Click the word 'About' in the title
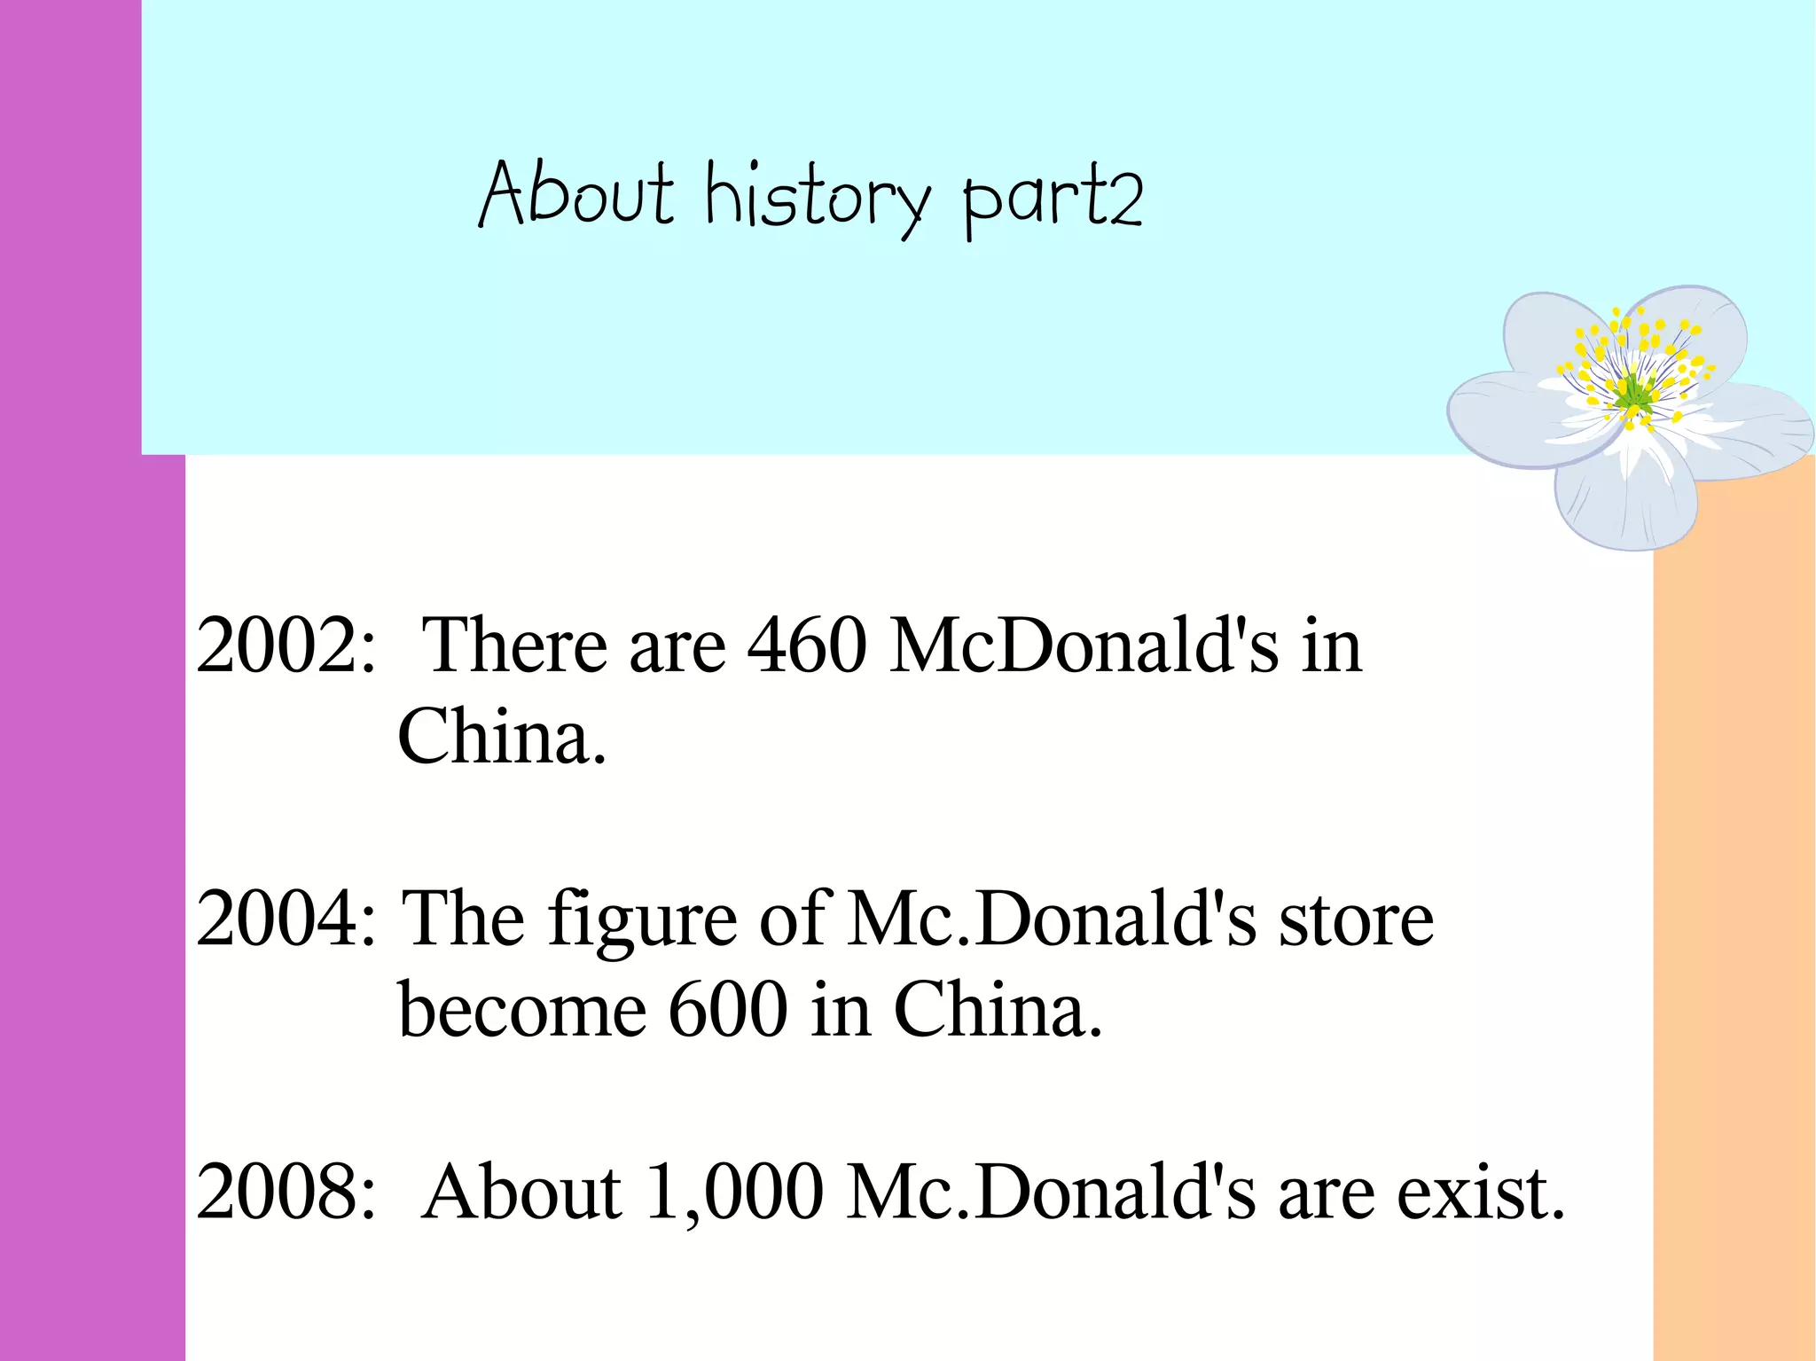coord(576,195)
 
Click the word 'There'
coord(514,645)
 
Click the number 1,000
coord(734,1193)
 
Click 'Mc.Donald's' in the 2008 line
coord(1051,1192)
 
